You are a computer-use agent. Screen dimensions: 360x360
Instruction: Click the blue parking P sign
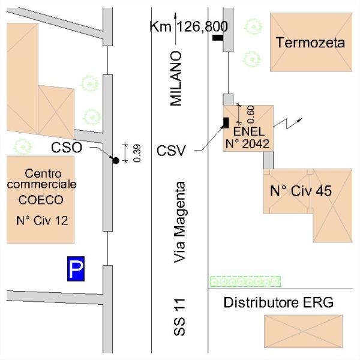click(76, 269)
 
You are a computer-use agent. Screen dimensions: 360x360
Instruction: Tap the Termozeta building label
click(310, 43)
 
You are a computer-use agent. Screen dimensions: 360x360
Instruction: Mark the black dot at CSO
click(115, 160)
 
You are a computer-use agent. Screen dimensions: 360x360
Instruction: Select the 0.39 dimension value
click(137, 154)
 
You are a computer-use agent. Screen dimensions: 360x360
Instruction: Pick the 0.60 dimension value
click(251, 112)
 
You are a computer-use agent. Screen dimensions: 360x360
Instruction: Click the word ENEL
click(247, 131)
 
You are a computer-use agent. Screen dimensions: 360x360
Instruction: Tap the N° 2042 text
click(247, 143)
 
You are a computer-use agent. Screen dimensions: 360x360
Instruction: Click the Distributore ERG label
click(278, 302)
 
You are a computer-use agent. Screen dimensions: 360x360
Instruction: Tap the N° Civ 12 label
click(41, 220)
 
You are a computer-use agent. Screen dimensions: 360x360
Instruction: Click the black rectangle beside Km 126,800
click(217, 38)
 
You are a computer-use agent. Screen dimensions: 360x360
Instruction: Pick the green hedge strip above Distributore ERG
click(245, 280)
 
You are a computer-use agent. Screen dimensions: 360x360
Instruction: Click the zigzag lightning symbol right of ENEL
click(289, 124)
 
